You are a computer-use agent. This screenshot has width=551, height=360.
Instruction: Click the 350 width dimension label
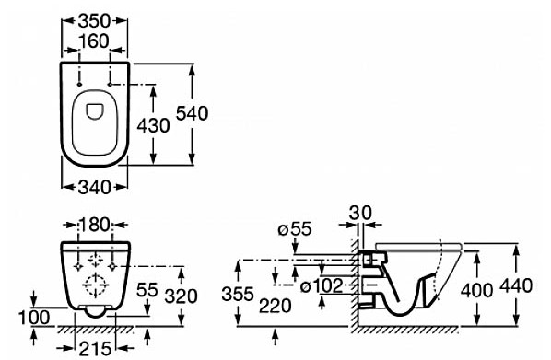pyautogui.click(x=94, y=21)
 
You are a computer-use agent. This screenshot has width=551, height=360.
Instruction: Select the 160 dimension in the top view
pyautogui.click(x=94, y=41)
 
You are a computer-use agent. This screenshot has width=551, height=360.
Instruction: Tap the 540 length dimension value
pyautogui.click(x=192, y=114)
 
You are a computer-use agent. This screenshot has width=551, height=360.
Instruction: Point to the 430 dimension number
pyautogui.click(x=153, y=125)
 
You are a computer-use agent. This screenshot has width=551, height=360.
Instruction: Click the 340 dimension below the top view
pyautogui.click(x=94, y=187)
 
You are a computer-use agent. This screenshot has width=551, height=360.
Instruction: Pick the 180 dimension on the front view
pyautogui.click(x=95, y=225)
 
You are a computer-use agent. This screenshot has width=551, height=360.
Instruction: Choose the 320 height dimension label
pyautogui.click(x=182, y=297)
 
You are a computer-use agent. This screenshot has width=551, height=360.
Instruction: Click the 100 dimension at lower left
pyautogui.click(x=34, y=318)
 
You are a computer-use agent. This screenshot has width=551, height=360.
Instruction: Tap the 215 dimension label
pyautogui.click(x=95, y=349)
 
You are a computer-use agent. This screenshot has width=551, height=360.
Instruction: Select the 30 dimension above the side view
pyautogui.click(x=360, y=213)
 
